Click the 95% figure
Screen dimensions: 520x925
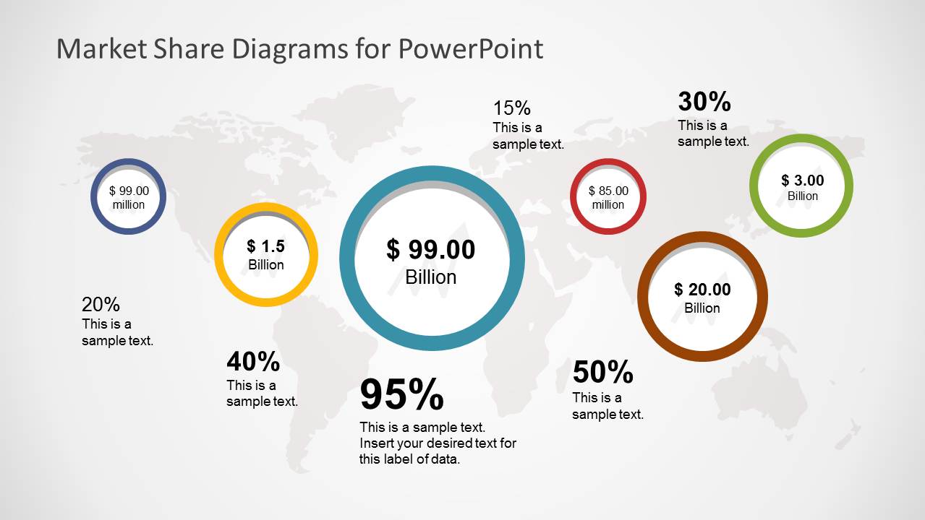[401, 395]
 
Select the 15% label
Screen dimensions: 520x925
[512, 108]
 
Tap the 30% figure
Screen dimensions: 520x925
[704, 102]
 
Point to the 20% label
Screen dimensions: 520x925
[101, 305]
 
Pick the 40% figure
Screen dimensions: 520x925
[253, 360]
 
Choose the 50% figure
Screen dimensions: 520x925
[602, 373]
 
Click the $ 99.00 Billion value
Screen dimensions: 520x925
[431, 250]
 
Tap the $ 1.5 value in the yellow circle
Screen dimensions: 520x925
[266, 246]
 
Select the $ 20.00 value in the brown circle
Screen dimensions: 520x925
[702, 290]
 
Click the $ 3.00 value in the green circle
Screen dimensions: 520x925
[802, 181]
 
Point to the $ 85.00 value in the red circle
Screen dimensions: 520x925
[608, 191]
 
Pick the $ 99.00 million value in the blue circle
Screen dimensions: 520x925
[129, 191]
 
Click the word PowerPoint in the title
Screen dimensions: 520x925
[469, 49]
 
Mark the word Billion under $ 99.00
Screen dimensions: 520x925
[431, 277]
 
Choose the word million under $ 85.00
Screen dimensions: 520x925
[608, 205]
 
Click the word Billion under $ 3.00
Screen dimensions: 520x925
[803, 196]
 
